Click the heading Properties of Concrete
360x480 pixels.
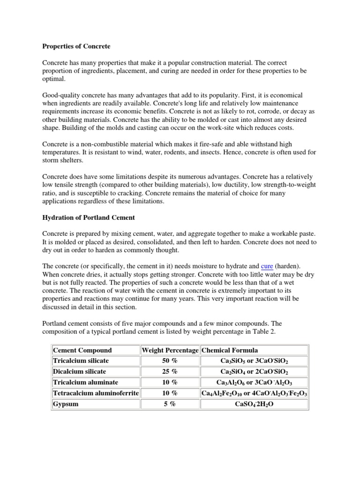click(x=76, y=46)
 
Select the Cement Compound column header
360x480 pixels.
click(x=82, y=350)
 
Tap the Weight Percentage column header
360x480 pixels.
click(x=170, y=350)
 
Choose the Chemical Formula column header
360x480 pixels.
click(x=230, y=350)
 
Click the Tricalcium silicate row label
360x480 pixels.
click(x=81, y=360)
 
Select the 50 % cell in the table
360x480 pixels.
click(x=170, y=360)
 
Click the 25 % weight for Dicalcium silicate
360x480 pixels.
click(x=170, y=371)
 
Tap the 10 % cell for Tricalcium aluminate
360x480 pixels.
click(x=170, y=382)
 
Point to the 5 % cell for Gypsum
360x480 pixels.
click(x=170, y=404)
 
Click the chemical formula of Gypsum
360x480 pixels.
click(x=254, y=404)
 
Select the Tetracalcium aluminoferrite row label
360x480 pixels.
click(x=96, y=393)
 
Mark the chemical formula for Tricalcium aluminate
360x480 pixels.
click(x=254, y=382)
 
